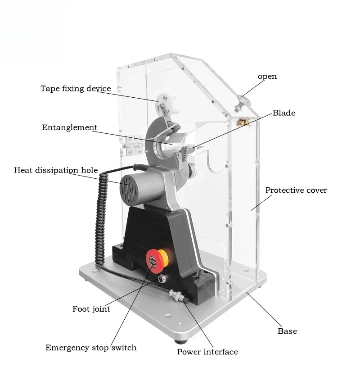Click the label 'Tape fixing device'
(76, 88)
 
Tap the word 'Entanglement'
(69, 127)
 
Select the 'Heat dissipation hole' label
(56, 170)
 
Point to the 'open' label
(267, 76)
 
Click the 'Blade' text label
(284, 113)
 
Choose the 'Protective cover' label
(296, 190)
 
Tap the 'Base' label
(287, 331)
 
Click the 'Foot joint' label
(91, 309)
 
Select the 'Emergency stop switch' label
(91, 347)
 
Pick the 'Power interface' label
(207, 352)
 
